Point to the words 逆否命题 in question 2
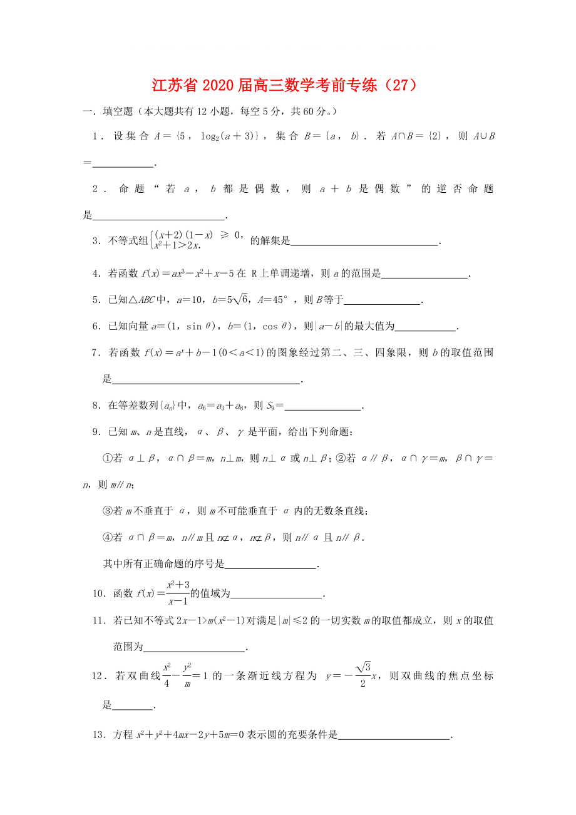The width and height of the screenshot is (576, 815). (457, 189)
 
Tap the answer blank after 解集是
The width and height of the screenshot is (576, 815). (364, 241)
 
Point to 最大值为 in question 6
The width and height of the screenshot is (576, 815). (374, 326)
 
